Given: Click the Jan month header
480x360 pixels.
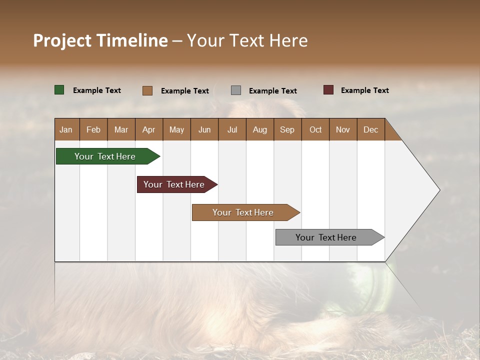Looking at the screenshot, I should (66, 129).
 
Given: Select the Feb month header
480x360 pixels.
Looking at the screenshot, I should (93, 129).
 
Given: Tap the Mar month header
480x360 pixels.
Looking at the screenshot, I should (121, 129).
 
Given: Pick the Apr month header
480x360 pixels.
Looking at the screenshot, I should (148, 129).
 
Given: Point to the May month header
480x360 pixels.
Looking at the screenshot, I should (176, 129).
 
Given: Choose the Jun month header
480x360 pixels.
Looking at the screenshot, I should (204, 129).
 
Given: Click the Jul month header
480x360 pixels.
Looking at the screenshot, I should (232, 129).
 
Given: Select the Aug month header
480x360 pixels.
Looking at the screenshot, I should (259, 129).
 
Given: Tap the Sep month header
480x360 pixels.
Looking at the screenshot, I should (287, 129).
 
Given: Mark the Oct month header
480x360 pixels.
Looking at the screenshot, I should (315, 129).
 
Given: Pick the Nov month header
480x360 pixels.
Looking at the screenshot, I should (343, 129).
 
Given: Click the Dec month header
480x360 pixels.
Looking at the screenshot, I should (370, 129).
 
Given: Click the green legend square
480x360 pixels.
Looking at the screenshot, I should (59, 90).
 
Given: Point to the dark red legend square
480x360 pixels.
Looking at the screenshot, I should (328, 90).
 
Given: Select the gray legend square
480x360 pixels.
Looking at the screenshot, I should (236, 90).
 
